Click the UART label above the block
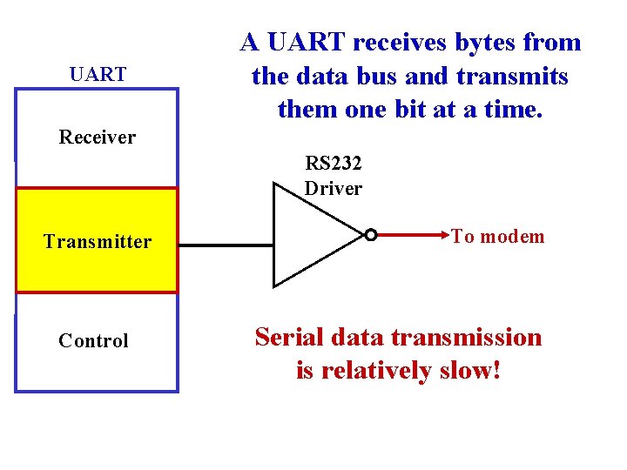[x=98, y=75]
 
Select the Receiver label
[x=98, y=137]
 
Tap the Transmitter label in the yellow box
[x=98, y=242]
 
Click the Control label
[x=93, y=341]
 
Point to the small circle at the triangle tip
[x=370, y=235]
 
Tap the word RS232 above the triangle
[x=333, y=163]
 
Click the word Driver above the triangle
[x=333, y=188]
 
